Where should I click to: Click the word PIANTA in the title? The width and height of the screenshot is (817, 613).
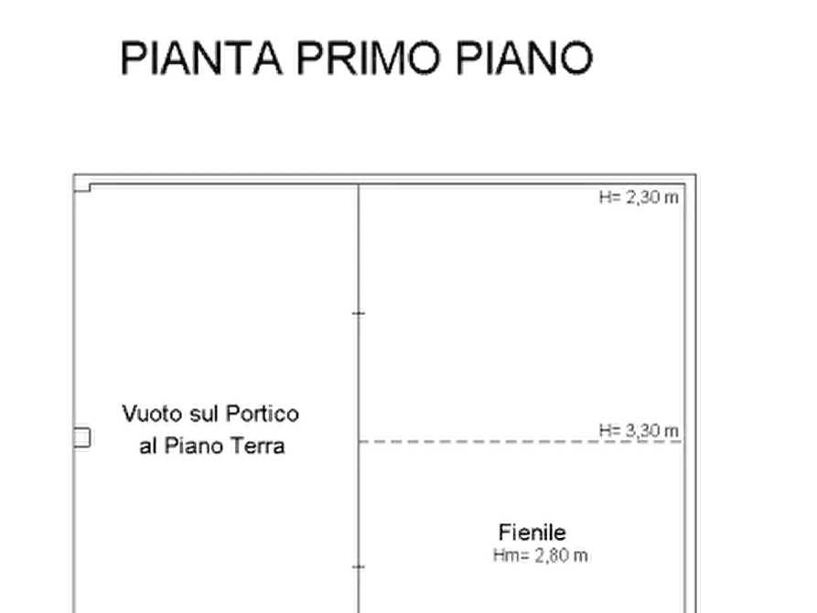(201, 58)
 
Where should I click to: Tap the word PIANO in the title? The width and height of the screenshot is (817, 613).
(524, 58)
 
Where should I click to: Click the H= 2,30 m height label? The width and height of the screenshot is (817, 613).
(639, 198)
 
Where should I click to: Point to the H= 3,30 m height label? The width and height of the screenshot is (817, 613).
(639, 431)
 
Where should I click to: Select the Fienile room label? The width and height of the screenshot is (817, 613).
(532, 532)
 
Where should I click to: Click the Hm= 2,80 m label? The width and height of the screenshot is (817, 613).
(541, 555)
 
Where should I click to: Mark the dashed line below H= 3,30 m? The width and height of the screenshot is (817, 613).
(521, 442)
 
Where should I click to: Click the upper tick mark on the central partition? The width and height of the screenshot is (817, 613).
(359, 313)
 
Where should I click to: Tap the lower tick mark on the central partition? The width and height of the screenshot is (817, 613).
(359, 566)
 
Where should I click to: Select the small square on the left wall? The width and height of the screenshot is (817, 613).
(81, 438)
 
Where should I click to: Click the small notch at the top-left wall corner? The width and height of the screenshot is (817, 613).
(82, 184)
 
